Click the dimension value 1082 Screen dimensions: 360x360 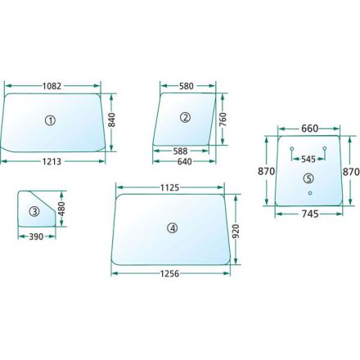pyautogui.click(x=52, y=86)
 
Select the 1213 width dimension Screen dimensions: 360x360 pyautogui.click(x=52, y=162)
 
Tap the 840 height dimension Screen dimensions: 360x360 pyautogui.click(x=112, y=119)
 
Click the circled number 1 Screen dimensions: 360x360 pyautogui.click(x=50, y=120)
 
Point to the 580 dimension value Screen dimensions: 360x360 pyautogui.click(x=187, y=86)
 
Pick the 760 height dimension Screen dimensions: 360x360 pyautogui.click(x=223, y=119)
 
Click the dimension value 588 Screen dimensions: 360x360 pyautogui.click(x=180, y=151)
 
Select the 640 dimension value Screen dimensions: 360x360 pyautogui.click(x=185, y=162)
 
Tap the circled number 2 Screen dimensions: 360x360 pyautogui.click(x=186, y=118)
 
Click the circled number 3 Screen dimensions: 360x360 pyautogui.click(x=34, y=212)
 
